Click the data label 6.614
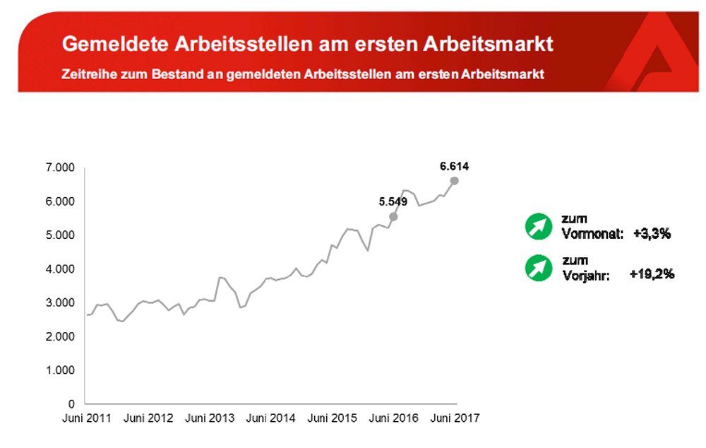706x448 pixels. pyautogui.click(x=454, y=167)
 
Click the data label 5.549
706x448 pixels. pyautogui.click(x=393, y=201)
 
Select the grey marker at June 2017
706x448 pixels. pyautogui.click(x=454, y=181)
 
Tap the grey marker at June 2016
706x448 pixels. pyautogui.click(x=393, y=216)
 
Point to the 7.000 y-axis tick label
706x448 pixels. pyautogui.click(x=61, y=168)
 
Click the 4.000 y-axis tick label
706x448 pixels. pyautogui.click(x=61, y=269)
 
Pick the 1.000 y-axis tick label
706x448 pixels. pyautogui.click(x=61, y=370)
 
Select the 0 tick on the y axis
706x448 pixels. pyautogui.click(x=72, y=403)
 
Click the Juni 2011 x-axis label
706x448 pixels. pyautogui.click(x=85, y=418)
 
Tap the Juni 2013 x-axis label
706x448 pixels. pyautogui.click(x=210, y=418)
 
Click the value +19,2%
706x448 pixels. pyautogui.click(x=652, y=274)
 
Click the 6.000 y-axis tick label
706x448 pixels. pyautogui.click(x=61, y=202)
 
